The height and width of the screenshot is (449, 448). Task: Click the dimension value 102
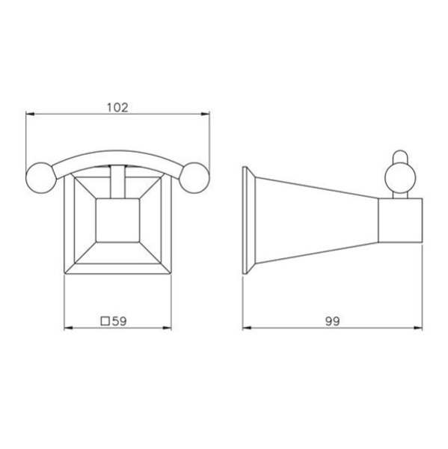click(x=117, y=108)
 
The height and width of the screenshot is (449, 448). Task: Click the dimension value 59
click(x=120, y=321)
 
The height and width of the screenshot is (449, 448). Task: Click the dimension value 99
click(x=333, y=321)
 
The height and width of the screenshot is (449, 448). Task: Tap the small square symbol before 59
click(x=105, y=321)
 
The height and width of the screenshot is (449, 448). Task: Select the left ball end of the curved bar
click(x=40, y=178)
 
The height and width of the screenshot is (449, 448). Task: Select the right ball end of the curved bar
click(x=195, y=178)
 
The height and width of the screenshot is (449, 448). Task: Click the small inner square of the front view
click(x=117, y=220)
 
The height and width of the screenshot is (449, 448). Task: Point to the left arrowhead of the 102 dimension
click(x=30, y=114)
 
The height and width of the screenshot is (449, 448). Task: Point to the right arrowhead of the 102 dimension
click(x=206, y=114)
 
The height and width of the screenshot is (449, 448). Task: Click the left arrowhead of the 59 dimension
click(x=69, y=328)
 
